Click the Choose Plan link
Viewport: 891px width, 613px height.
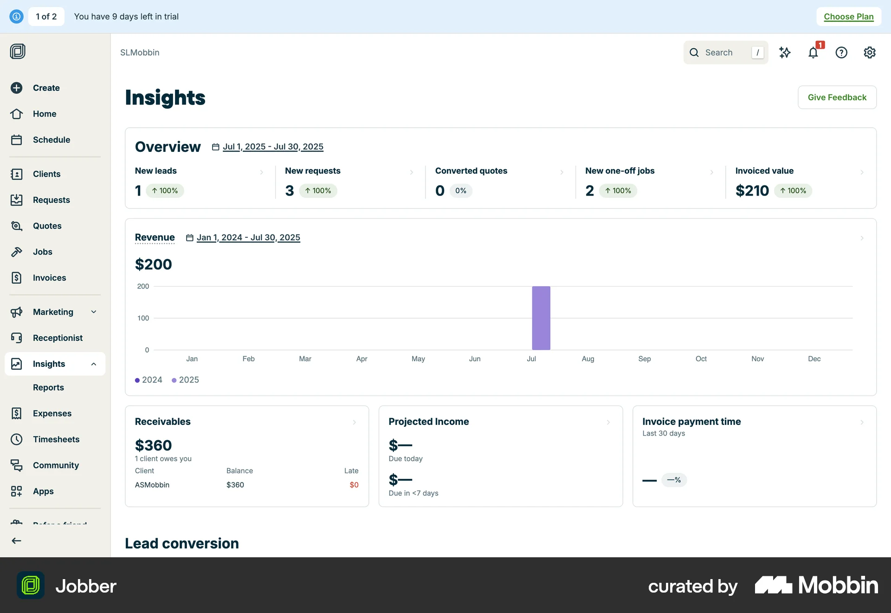click(x=848, y=17)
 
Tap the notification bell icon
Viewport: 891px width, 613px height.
click(x=813, y=52)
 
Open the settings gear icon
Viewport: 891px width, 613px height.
click(x=869, y=52)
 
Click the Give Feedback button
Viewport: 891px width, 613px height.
click(x=837, y=98)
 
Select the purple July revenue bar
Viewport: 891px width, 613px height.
click(x=541, y=318)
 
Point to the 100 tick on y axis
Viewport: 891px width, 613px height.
click(x=143, y=318)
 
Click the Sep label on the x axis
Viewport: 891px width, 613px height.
click(x=644, y=359)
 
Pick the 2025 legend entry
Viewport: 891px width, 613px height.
click(x=185, y=380)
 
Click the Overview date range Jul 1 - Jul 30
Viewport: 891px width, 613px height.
click(x=273, y=147)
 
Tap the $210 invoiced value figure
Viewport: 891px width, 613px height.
click(x=752, y=191)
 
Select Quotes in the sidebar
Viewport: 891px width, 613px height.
click(x=47, y=226)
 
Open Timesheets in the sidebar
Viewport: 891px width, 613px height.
click(x=56, y=439)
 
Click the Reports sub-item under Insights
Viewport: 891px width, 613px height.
click(x=48, y=387)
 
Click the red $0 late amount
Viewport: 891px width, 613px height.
click(x=354, y=485)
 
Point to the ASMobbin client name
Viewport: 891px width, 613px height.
click(x=152, y=485)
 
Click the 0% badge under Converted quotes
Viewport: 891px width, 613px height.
click(x=460, y=191)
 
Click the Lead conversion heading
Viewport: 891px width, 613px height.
click(x=182, y=543)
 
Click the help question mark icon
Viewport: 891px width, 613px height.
click(x=841, y=52)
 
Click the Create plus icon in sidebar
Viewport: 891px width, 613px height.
click(x=17, y=88)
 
